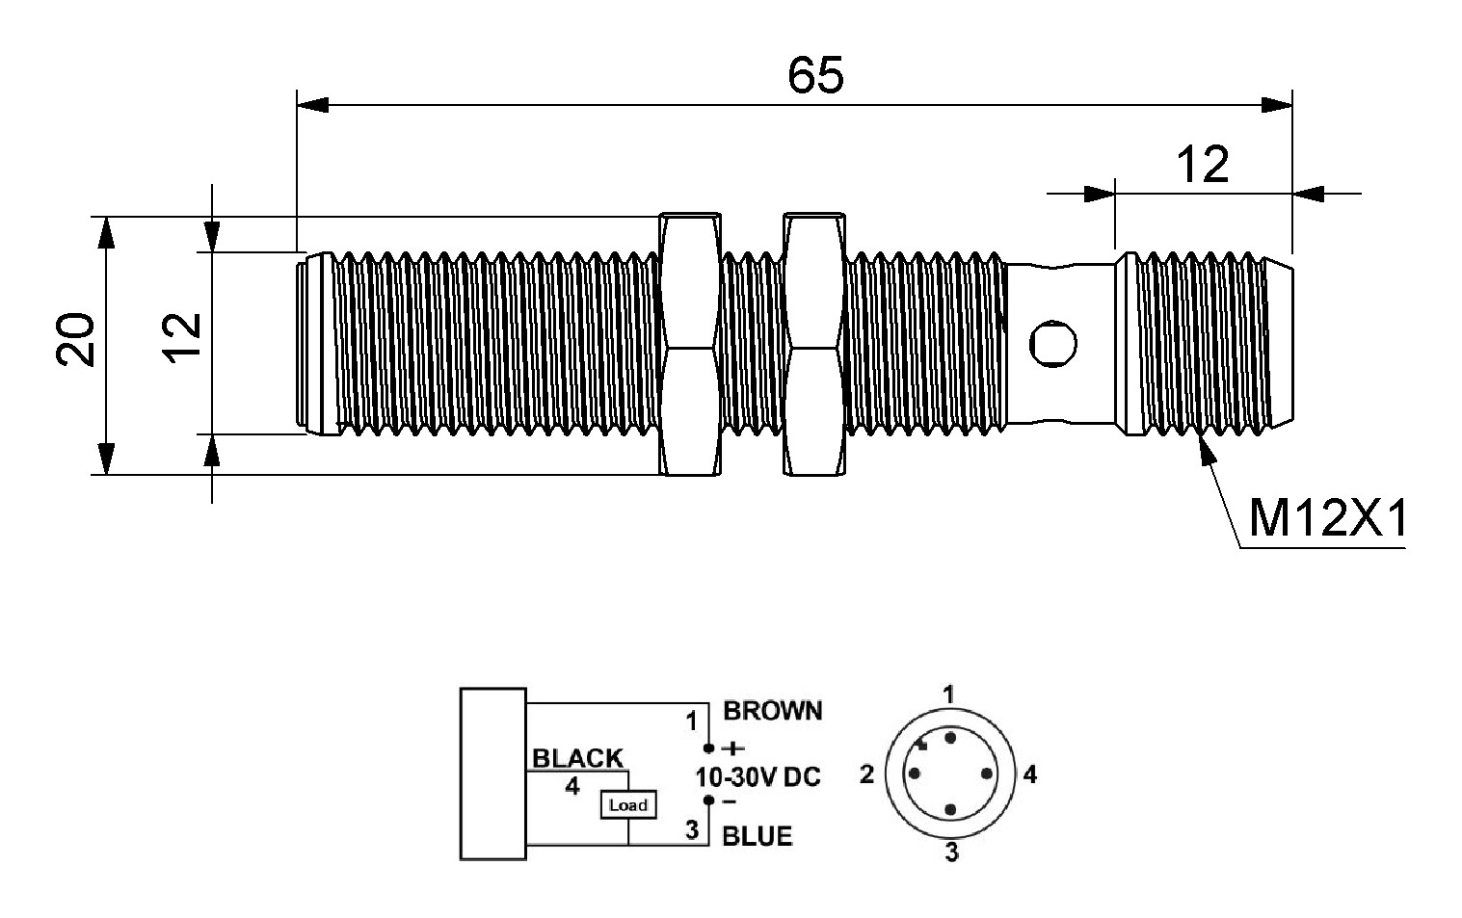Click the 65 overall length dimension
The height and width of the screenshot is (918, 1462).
click(x=815, y=75)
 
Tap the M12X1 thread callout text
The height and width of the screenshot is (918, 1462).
click(x=1327, y=521)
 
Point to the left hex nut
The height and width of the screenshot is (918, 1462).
click(x=689, y=345)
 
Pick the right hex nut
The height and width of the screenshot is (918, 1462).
click(x=814, y=345)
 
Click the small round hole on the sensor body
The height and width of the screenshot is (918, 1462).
click(x=1052, y=344)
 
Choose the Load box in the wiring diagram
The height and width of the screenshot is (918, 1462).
click(x=628, y=804)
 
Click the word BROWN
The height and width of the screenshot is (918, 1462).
click(x=773, y=711)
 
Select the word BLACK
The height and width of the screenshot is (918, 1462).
click(x=578, y=758)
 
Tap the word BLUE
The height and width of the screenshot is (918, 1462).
click(x=758, y=836)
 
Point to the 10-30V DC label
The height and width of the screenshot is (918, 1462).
click(x=758, y=776)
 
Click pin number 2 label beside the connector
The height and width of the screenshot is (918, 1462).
click(x=866, y=774)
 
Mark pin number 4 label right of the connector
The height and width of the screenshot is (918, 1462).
click(x=1030, y=774)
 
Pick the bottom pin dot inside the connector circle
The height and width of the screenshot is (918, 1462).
click(x=951, y=810)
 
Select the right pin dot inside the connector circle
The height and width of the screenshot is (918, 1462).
click(x=988, y=774)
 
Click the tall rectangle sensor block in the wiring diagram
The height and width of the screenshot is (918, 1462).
click(x=493, y=773)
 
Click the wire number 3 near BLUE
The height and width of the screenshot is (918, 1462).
click(x=692, y=828)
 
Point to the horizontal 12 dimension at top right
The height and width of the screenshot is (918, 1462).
click(x=1204, y=166)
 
